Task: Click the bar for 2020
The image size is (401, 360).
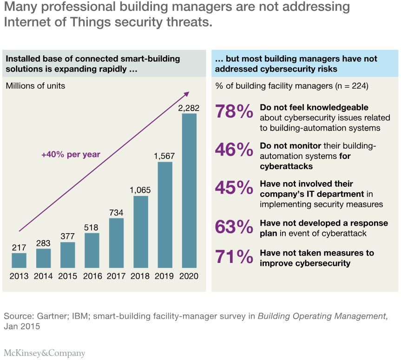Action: point(189,190)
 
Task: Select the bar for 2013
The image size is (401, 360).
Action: point(19,260)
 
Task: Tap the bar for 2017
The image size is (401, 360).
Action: point(116,243)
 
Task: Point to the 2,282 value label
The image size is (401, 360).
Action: point(189,108)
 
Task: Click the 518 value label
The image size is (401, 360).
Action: point(92,227)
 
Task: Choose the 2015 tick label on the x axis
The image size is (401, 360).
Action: point(68,276)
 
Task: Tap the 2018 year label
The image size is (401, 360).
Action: point(140,276)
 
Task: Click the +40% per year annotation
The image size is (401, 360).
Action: point(71,154)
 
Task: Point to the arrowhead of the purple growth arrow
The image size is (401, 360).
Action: point(189,95)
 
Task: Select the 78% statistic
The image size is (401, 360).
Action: point(234,112)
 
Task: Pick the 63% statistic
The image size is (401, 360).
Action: point(234,227)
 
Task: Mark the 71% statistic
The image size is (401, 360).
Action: point(234,257)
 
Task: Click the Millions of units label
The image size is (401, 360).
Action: point(35,85)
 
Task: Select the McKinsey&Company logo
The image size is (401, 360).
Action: point(45,353)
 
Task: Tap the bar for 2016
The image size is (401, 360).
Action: point(92,250)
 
